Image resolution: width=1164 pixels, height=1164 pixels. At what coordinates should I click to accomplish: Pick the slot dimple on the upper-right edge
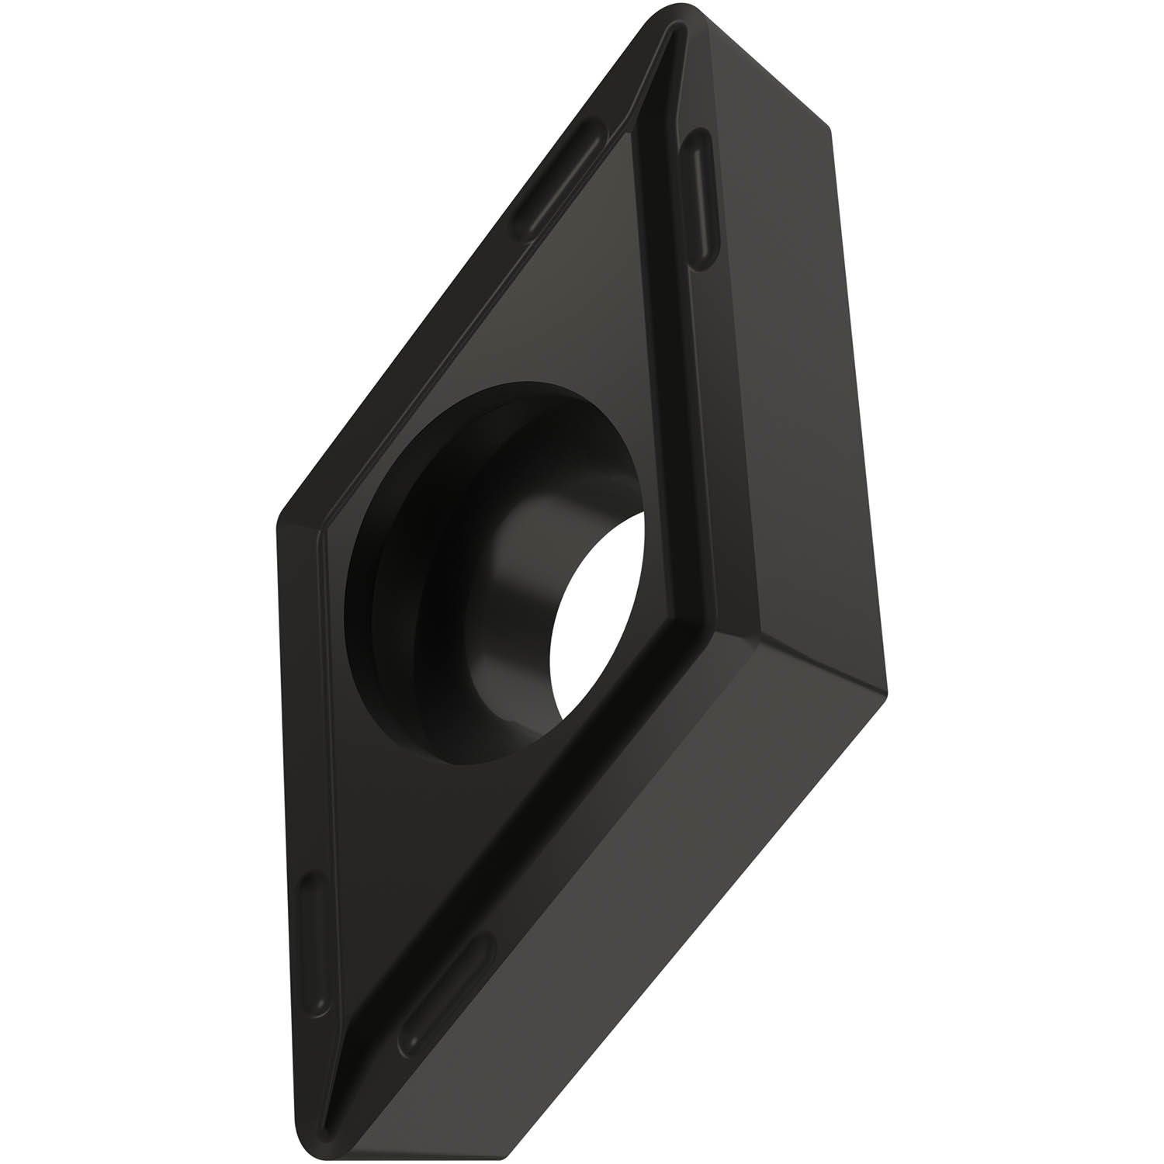[702, 198]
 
